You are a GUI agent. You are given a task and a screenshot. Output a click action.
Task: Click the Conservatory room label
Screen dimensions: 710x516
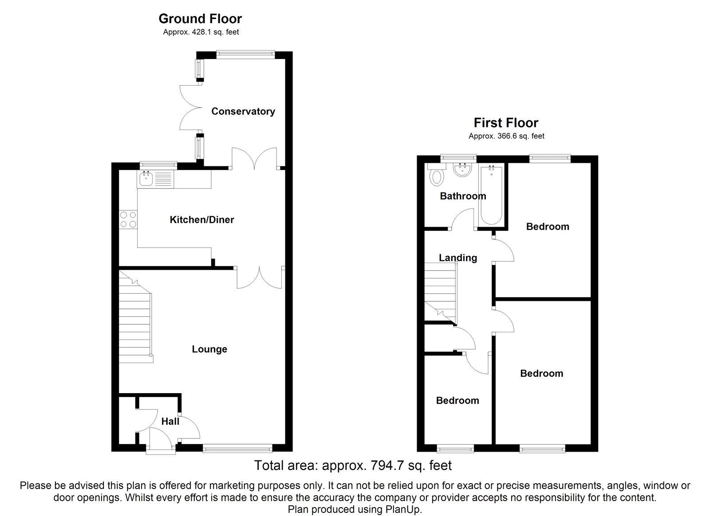[243, 111]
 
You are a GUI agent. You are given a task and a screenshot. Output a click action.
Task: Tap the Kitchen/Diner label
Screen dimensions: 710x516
[202, 220]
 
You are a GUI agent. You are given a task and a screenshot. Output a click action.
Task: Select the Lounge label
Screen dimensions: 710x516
[209, 349]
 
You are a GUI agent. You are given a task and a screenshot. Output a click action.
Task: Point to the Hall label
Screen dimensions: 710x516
[170, 421]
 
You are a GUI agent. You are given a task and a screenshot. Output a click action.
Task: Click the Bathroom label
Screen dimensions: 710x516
[463, 196]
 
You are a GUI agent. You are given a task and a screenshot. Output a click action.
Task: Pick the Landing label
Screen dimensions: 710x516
[458, 258]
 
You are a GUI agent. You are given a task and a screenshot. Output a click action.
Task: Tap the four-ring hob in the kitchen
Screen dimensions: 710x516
[128, 220]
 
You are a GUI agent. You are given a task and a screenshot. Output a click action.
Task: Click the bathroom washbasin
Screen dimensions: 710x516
[461, 170]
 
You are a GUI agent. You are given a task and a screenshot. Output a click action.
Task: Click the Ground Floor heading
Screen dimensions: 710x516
[200, 19]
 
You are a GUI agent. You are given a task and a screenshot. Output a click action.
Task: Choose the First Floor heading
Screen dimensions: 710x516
[506, 122]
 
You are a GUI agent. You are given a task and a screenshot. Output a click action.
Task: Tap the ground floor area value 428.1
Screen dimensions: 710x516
[201, 32]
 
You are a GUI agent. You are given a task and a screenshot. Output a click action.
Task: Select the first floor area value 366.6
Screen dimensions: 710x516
[506, 136]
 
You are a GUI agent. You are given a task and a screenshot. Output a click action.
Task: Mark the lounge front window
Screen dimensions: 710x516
[237, 448]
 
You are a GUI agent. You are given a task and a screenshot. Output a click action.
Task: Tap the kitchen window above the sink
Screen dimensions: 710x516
[158, 164]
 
